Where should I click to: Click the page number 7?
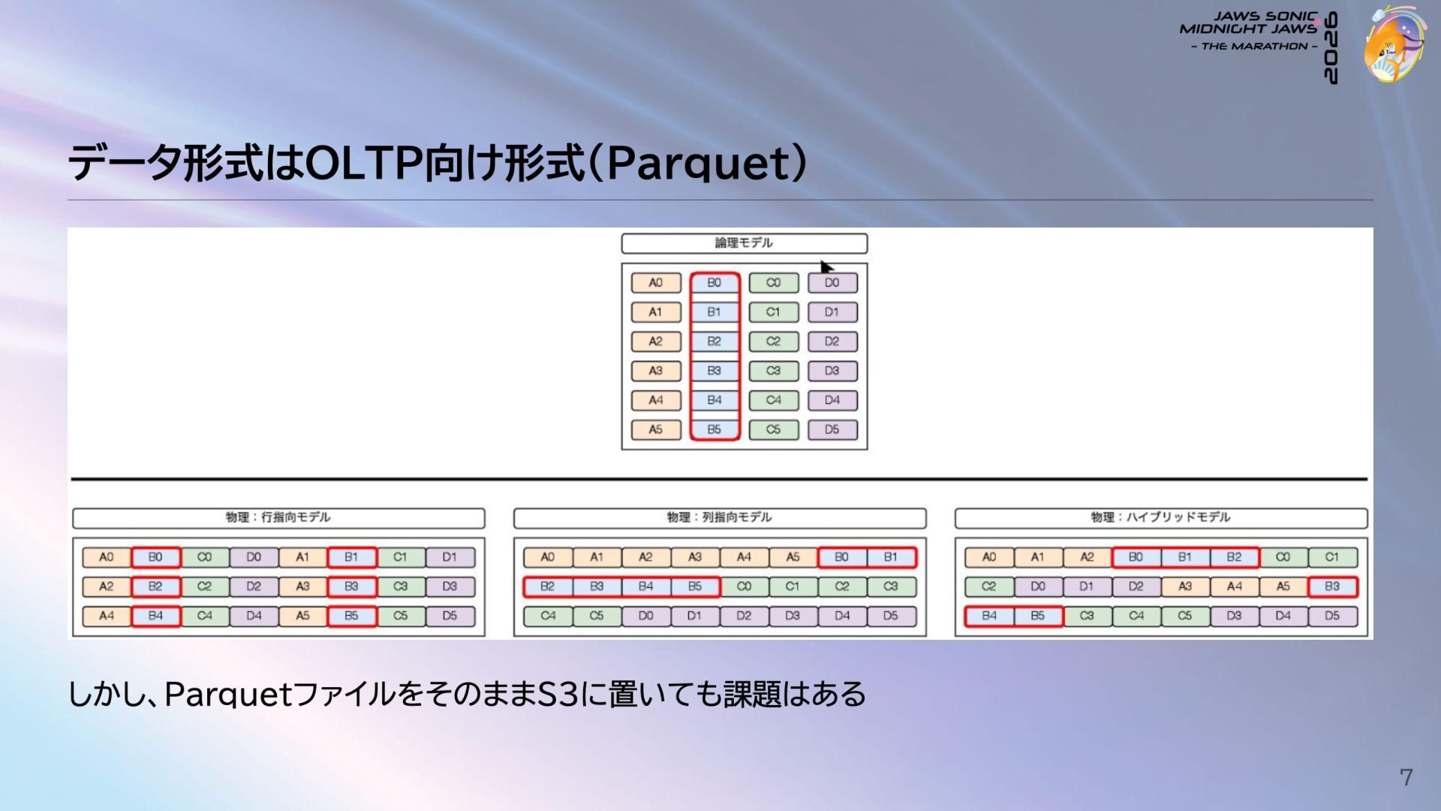[1406, 777]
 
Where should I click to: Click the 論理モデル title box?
[744, 243]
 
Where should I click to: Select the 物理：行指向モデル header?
[278, 518]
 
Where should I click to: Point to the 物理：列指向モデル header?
[720, 518]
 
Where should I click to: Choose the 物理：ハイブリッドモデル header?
[1161, 518]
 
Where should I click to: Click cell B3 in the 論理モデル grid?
[714, 371]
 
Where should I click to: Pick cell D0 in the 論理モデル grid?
[832, 283]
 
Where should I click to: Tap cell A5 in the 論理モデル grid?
[656, 430]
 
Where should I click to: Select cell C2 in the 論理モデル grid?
[773, 342]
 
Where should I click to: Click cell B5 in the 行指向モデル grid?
[351, 616]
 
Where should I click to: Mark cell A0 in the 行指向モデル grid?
[107, 557]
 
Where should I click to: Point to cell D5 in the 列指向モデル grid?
[891, 616]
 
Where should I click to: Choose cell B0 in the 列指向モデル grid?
[841, 557]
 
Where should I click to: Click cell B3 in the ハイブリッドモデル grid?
[1332, 586]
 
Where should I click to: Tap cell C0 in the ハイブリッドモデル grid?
[1283, 557]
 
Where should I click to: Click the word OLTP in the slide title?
[364, 162]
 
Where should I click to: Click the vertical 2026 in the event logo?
[1331, 47]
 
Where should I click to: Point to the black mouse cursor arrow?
[826, 267]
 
